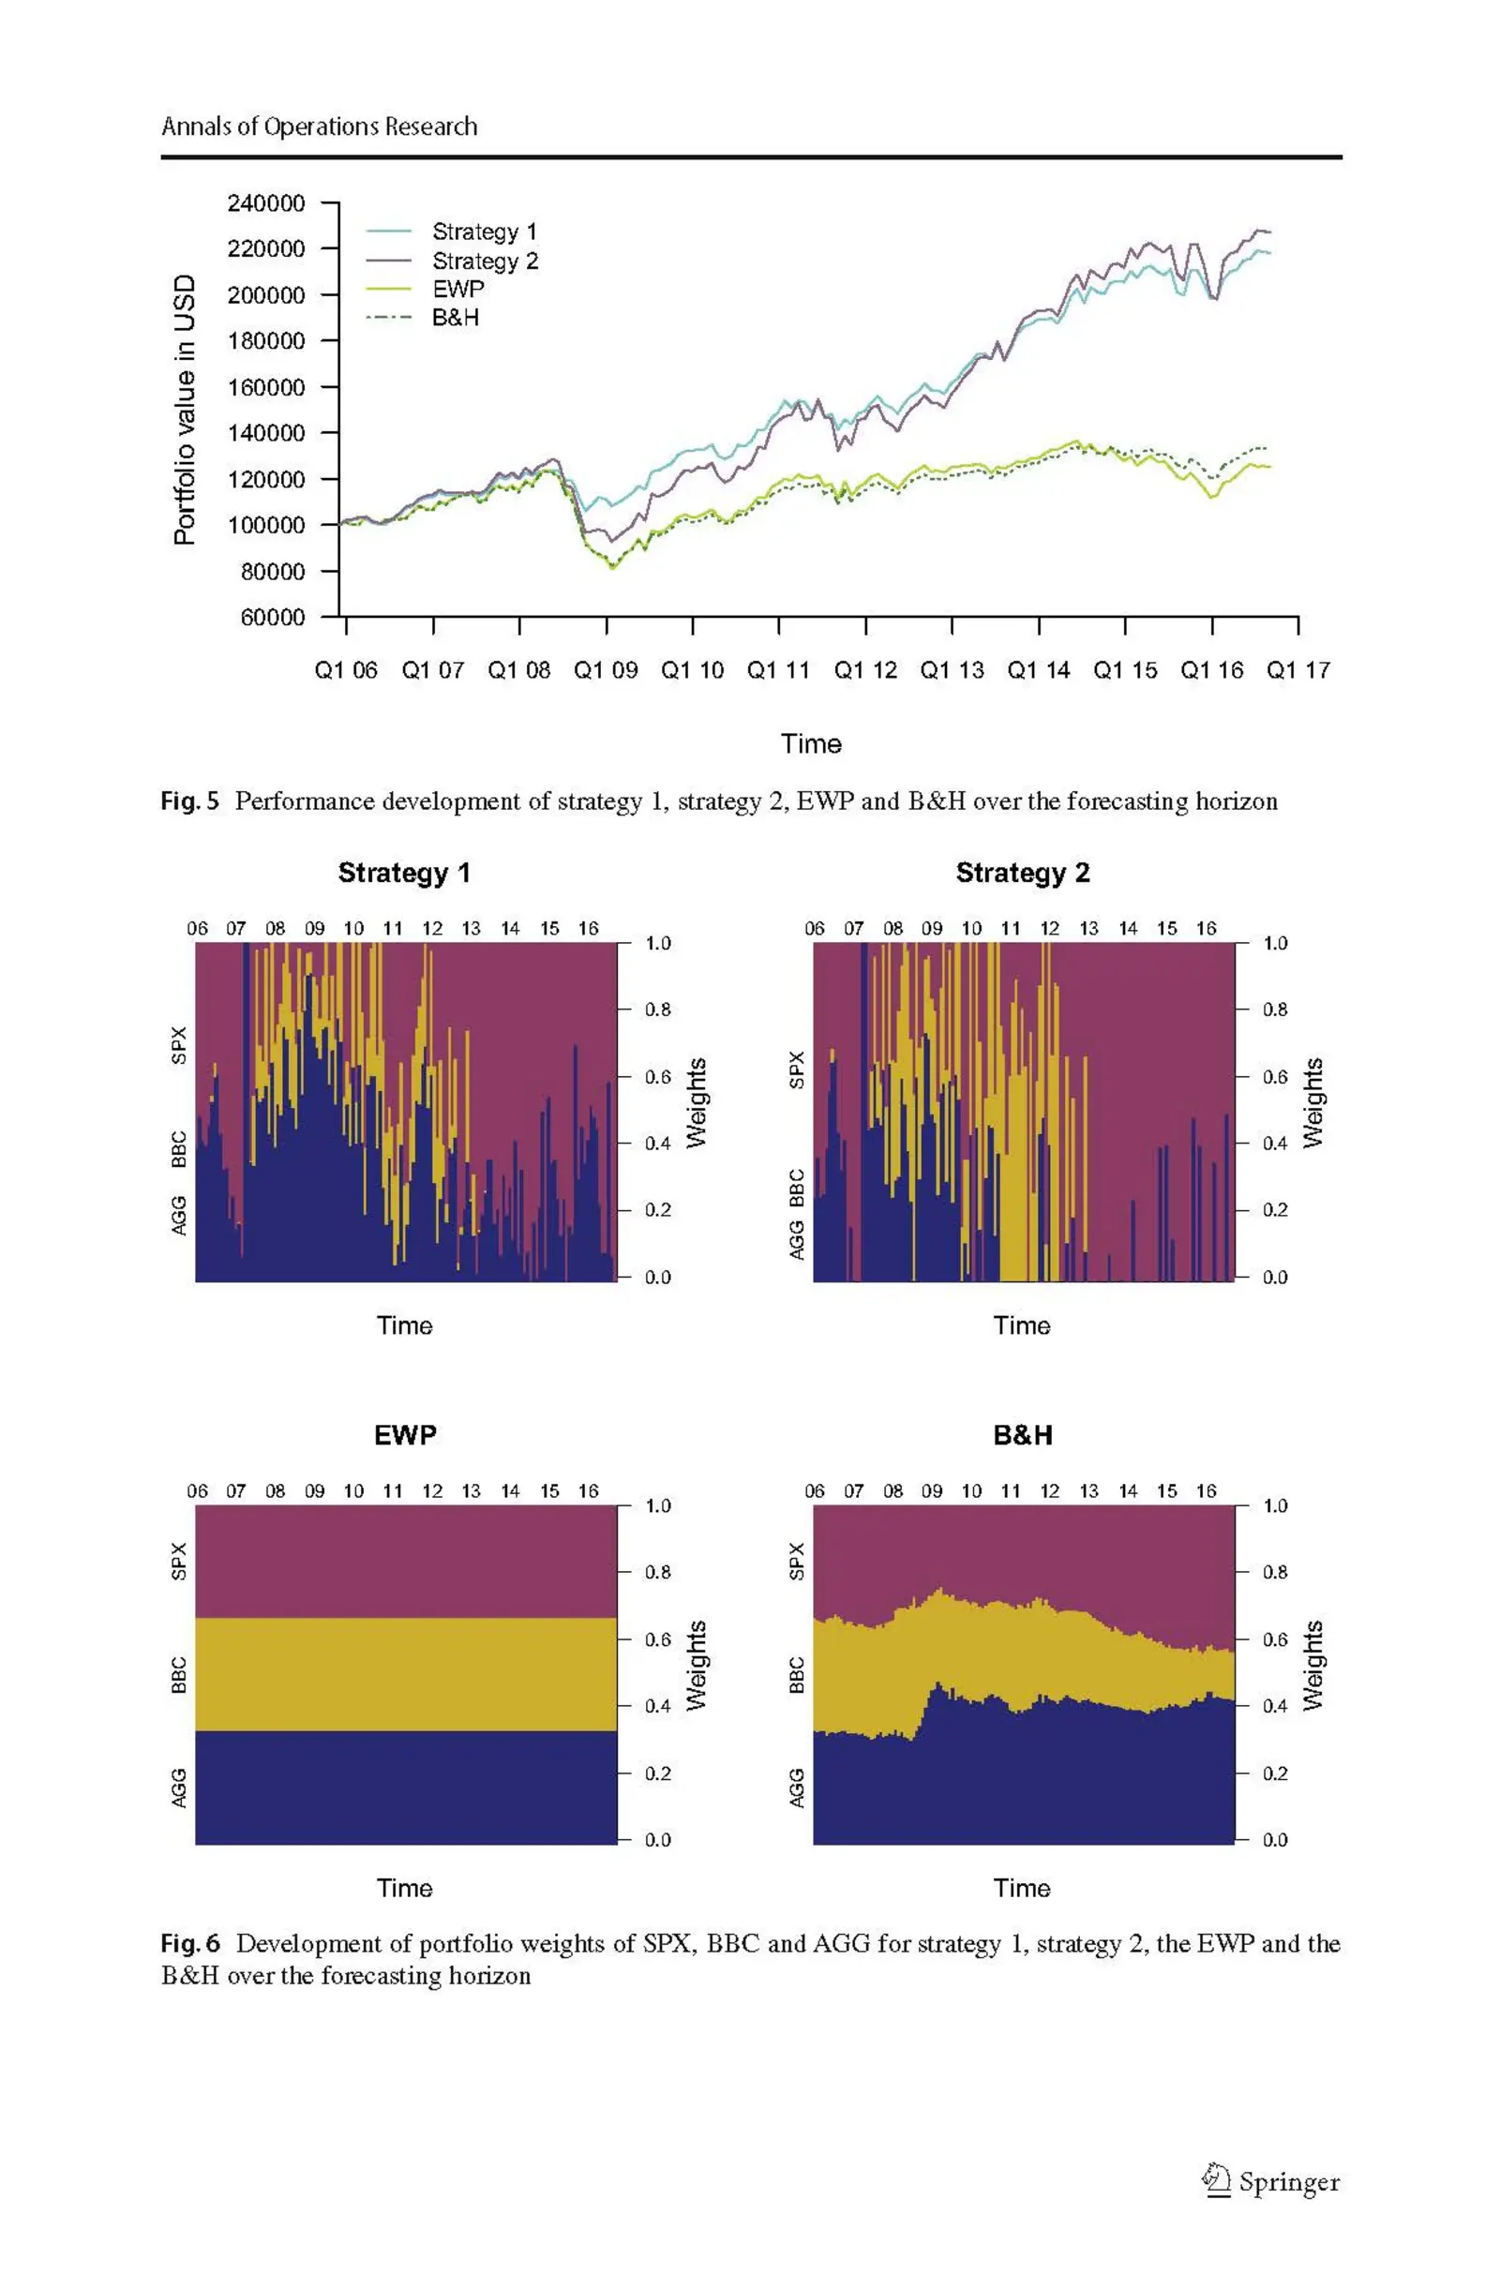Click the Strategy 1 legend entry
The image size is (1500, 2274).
click(x=484, y=232)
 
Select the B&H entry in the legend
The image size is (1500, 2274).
click(x=456, y=318)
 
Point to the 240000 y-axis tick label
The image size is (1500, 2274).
click(x=266, y=202)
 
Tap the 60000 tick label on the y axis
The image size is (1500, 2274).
click(x=273, y=617)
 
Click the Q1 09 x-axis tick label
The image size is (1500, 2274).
click(x=606, y=670)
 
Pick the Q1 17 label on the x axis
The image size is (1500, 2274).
click(x=1297, y=670)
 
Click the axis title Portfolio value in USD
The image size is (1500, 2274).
click(x=185, y=410)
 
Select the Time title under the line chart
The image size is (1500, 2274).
click(x=810, y=744)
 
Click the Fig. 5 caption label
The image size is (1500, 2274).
click(x=189, y=801)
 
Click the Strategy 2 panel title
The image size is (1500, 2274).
click(x=1023, y=873)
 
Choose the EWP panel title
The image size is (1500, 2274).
click(x=405, y=1435)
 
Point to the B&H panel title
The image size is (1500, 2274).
click(x=1023, y=1435)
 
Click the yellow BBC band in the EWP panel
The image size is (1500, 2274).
click(x=406, y=1673)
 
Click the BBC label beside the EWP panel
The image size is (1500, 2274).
click(x=179, y=1675)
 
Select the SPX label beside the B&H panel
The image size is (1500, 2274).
click(x=797, y=1561)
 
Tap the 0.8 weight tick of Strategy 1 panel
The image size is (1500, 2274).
click(x=657, y=1010)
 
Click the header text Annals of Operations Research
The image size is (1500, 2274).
click(x=319, y=127)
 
